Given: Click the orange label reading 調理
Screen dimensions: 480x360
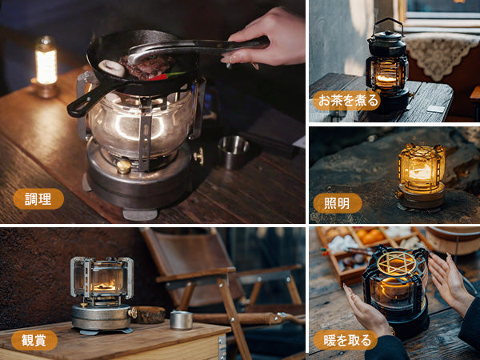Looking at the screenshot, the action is (x=38, y=199).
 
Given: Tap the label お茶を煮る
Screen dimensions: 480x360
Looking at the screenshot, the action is (x=346, y=101).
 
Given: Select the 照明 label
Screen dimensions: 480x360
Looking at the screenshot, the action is (x=337, y=203).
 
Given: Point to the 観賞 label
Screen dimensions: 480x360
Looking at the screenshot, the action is (x=34, y=340).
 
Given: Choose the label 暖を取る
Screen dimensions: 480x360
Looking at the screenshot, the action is (x=346, y=340).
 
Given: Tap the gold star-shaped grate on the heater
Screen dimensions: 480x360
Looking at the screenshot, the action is (x=397, y=262).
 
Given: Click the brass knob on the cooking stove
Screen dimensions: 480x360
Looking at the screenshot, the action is (x=123, y=166).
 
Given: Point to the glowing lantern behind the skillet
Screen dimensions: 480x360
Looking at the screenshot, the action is (x=46, y=66).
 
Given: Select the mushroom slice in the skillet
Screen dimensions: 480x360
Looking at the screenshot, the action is (x=111, y=68).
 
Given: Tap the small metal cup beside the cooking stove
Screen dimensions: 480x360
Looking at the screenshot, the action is (x=234, y=151).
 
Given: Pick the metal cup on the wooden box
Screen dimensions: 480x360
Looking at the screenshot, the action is (x=182, y=320).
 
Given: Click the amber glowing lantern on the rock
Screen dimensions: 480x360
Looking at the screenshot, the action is (x=422, y=175).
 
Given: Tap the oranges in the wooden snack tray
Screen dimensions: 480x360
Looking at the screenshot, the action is (x=371, y=236).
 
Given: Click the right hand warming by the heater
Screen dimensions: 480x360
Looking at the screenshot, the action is (x=450, y=281).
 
